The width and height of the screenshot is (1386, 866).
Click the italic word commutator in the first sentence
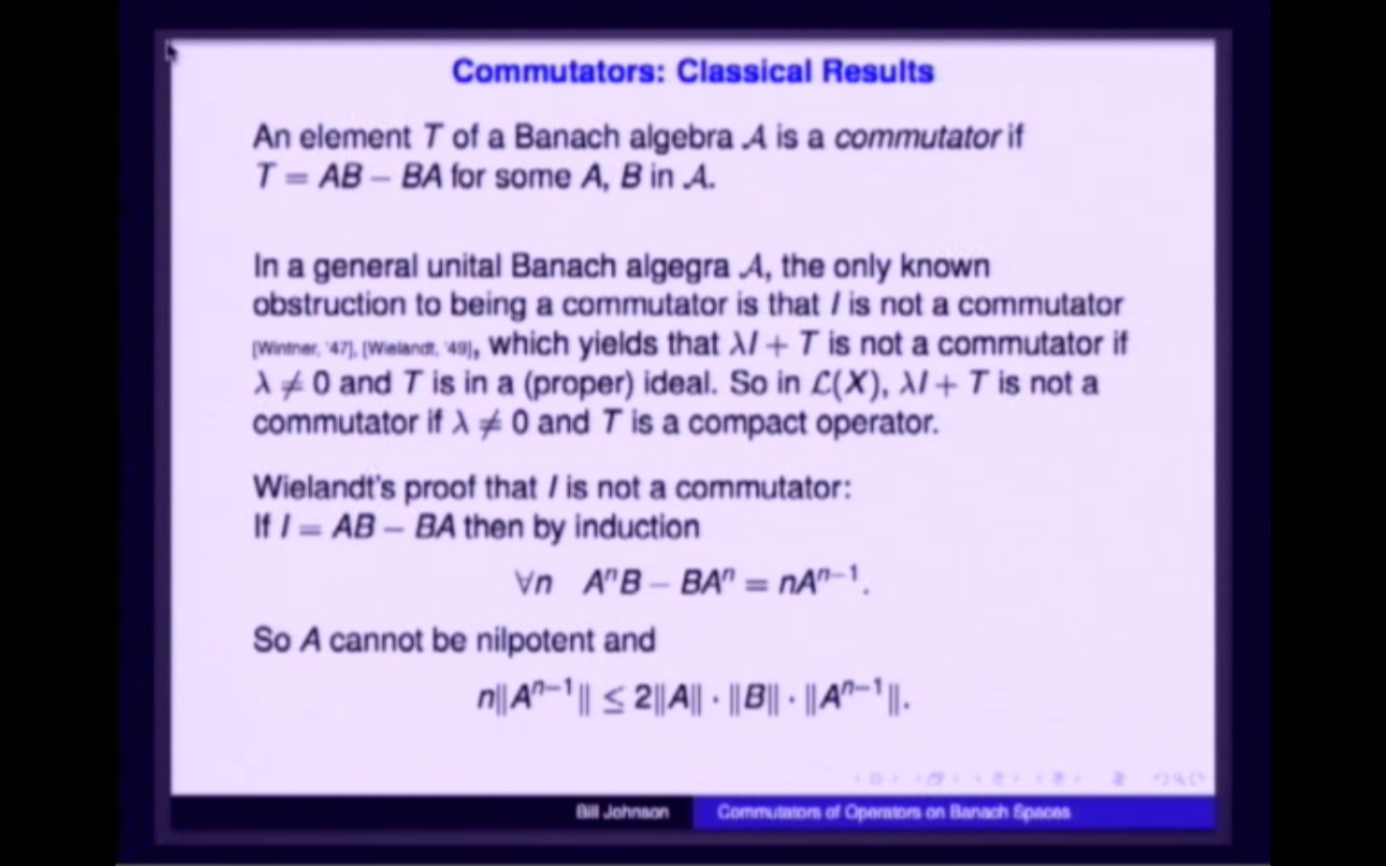(x=917, y=138)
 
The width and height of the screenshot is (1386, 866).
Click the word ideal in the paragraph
(x=684, y=384)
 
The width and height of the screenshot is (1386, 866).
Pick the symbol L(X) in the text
(x=847, y=384)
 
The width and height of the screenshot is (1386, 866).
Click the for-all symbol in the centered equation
(x=524, y=583)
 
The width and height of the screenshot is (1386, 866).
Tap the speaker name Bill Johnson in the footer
(x=622, y=812)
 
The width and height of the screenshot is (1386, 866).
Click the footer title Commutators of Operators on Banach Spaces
(x=893, y=812)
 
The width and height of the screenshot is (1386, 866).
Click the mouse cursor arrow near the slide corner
(x=171, y=52)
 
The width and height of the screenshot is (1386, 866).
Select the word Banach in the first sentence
(x=568, y=138)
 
